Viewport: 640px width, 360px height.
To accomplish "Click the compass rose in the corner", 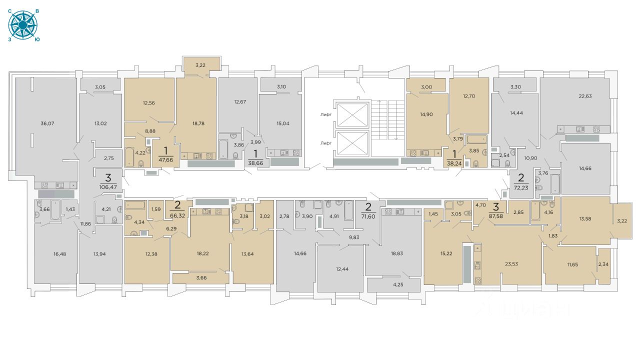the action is click(23, 25).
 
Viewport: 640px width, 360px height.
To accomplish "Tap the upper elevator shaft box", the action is click(352, 115).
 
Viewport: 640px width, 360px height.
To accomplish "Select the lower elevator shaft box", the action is click(352, 143).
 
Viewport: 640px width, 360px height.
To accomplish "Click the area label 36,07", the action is click(47, 123).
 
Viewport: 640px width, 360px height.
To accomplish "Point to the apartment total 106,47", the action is click(108, 187).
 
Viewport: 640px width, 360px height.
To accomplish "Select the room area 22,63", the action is click(585, 96).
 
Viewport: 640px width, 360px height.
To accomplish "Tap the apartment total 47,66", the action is click(165, 160).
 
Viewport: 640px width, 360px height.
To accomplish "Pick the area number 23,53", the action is click(511, 264).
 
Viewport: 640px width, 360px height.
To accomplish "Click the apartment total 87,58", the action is click(496, 216).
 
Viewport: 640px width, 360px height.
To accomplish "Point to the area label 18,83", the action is click(397, 253).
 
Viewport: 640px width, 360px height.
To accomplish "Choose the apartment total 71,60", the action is click(368, 216).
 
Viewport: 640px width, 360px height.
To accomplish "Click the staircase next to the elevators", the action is click(388, 120).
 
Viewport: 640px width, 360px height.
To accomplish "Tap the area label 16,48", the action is click(59, 254).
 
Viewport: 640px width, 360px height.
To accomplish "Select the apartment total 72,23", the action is click(521, 187).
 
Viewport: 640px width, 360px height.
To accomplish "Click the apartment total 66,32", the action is click(177, 215).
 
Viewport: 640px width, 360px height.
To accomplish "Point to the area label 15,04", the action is click(283, 123).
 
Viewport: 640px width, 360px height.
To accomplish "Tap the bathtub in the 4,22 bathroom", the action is click(129, 157).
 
